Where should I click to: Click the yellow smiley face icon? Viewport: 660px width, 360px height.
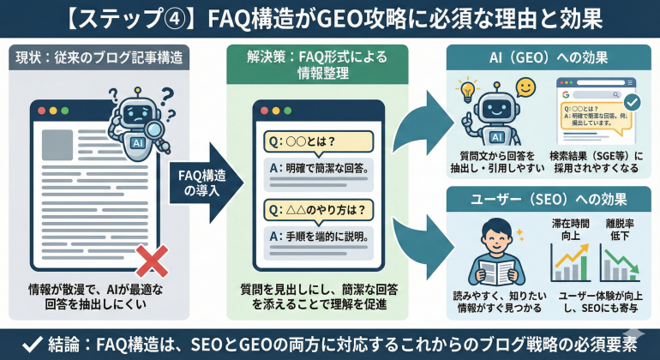point(526,89)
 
